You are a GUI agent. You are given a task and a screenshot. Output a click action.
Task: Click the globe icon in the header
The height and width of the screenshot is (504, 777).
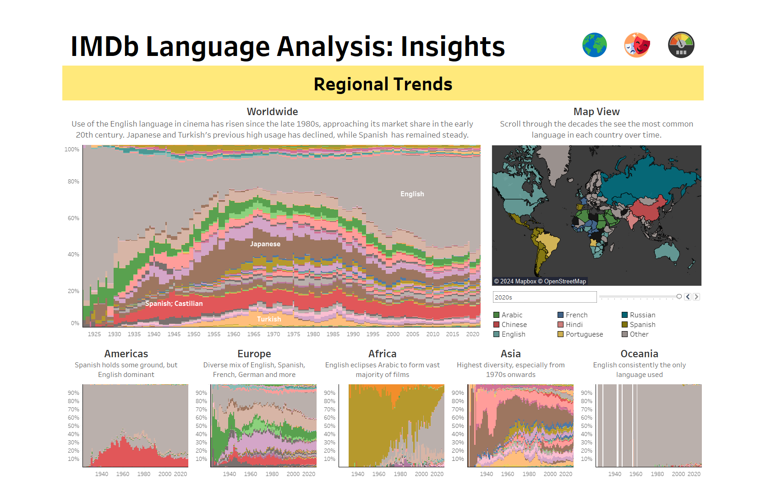click(x=595, y=45)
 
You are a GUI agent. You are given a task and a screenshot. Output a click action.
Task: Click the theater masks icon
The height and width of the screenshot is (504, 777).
click(x=637, y=45)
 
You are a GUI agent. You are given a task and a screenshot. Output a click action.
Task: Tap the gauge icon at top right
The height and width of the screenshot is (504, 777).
click(x=681, y=45)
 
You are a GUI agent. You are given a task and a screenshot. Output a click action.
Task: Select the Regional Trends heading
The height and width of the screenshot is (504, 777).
click(x=383, y=84)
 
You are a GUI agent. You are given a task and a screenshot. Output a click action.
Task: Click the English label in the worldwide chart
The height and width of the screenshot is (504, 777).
click(x=412, y=194)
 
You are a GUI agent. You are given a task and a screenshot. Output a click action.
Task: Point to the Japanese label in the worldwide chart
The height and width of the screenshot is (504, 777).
click(x=265, y=244)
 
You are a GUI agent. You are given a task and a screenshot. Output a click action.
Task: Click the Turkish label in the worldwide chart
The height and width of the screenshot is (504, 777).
click(x=269, y=319)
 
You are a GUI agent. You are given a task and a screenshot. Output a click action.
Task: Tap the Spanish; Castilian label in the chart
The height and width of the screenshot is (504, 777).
click(x=174, y=304)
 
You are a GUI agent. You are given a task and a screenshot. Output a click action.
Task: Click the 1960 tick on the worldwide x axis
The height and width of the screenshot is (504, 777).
click(x=234, y=334)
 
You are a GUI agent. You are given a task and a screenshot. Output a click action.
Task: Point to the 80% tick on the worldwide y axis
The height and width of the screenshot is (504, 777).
click(x=73, y=182)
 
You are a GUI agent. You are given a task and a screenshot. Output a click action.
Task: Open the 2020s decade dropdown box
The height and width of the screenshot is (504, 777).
click(x=544, y=297)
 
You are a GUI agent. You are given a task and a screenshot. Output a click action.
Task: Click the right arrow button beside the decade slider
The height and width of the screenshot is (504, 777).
click(x=696, y=297)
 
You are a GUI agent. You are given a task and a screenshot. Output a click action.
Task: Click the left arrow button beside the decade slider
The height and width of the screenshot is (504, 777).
click(x=688, y=297)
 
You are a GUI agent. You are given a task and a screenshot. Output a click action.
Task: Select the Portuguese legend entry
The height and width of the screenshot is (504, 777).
click(x=584, y=334)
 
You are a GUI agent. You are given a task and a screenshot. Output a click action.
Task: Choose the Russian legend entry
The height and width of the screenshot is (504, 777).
click(x=642, y=315)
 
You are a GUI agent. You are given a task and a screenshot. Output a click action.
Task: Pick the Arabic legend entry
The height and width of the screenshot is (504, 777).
click(x=512, y=315)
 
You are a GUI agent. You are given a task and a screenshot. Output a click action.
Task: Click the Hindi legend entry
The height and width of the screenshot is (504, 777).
click(x=574, y=325)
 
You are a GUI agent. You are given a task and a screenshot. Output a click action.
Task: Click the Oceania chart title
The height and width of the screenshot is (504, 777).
click(x=639, y=354)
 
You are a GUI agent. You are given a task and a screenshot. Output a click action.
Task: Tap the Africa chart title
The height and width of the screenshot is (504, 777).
click(x=382, y=354)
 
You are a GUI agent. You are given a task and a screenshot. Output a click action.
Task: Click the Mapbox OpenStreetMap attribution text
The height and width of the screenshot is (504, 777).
click(x=540, y=281)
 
